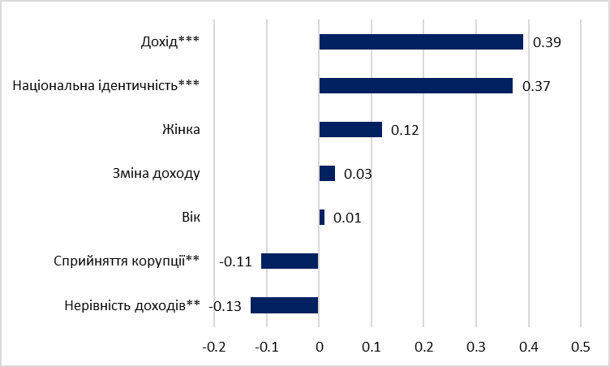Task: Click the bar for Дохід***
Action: pyautogui.click(x=420, y=42)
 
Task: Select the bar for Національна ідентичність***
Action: pyautogui.click(x=415, y=86)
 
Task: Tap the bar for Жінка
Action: pyautogui.click(x=350, y=130)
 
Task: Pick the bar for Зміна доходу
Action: pyautogui.click(x=327, y=174)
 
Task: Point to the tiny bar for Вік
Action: pyautogui.click(x=322, y=218)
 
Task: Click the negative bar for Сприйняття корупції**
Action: pyautogui.click(x=290, y=261)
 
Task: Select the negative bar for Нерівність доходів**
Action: pyautogui.click(x=285, y=305)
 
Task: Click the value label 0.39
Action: pyautogui.click(x=548, y=42)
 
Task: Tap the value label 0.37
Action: pyautogui.click(x=537, y=86)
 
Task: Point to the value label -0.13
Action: pyautogui.click(x=226, y=306)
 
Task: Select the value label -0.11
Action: pyautogui.click(x=236, y=262)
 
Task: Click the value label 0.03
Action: pyautogui.click(x=358, y=174)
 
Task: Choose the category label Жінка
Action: pyautogui.click(x=180, y=130)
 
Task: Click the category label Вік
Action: pyautogui.click(x=191, y=218)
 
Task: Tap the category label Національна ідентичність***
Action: pyautogui.click(x=106, y=86)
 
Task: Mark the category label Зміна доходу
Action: pyautogui.click(x=155, y=174)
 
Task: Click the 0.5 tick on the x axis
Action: pyautogui.click(x=581, y=347)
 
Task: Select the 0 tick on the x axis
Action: pyautogui.click(x=319, y=347)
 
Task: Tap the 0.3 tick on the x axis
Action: pyautogui.click(x=476, y=347)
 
